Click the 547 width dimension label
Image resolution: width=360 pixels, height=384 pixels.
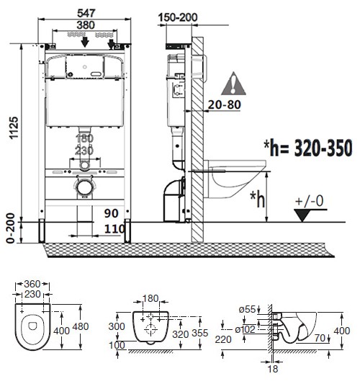[x=86, y=13]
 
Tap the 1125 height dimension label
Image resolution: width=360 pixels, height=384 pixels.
[x=14, y=128]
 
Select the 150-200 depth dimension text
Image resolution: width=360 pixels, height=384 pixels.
[x=178, y=17]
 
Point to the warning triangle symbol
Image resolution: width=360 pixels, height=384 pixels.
[x=233, y=84]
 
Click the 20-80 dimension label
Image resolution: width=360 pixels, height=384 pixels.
[x=225, y=104]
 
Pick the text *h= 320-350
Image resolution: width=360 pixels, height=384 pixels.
[x=308, y=148]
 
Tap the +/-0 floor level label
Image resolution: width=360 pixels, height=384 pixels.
[x=310, y=201]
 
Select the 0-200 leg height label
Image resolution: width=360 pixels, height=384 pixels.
[x=11, y=228]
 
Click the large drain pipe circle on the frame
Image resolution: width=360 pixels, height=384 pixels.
[x=85, y=187]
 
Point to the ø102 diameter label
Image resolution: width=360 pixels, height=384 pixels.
[x=245, y=329]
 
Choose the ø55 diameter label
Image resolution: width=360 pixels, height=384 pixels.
[x=247, y=309]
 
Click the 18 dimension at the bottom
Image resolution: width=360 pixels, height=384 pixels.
[x=273, y=369]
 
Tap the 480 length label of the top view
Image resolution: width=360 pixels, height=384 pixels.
[x=81, y=326]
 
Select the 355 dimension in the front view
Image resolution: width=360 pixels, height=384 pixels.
[x=200, y=333]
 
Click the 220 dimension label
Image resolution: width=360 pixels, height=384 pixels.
[x=223, y=339]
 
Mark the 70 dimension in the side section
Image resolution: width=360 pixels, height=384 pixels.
[x=320, y=338]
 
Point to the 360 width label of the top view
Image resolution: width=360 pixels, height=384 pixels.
[x=32, y=284]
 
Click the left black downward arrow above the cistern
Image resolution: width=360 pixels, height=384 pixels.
[x=85, y=42]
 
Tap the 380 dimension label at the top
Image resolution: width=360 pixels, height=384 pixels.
[x=86, y=25]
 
